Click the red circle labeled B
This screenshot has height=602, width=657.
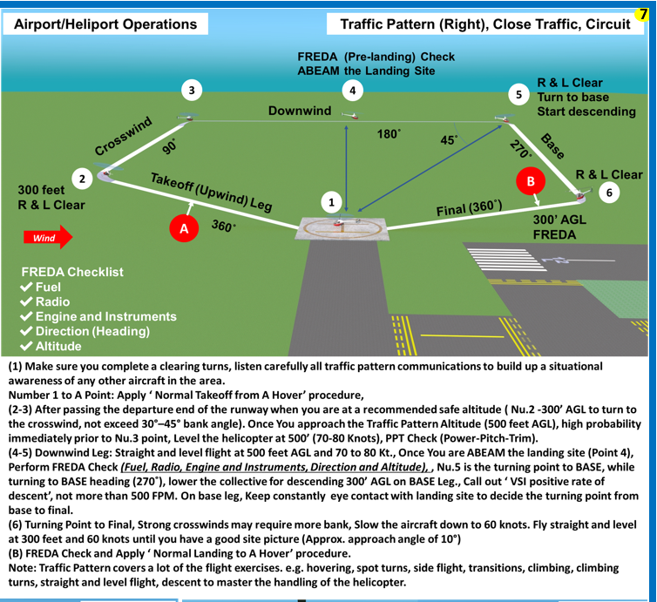(530, 181)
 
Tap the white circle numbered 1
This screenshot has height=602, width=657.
(330, 202)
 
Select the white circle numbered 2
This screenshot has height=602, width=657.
(82, 179)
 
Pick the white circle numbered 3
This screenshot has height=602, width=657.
(191, 90)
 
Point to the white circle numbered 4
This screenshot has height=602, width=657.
(352, 90)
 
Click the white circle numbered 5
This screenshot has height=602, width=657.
(519, 94)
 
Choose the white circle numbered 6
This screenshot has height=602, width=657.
(609, 193)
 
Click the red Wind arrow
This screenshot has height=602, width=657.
(47, 237)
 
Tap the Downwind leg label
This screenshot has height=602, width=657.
(299, 111)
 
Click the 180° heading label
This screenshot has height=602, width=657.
(388, 134)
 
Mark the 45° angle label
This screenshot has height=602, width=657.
(450, 139)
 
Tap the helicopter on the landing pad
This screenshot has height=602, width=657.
(343, 225)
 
